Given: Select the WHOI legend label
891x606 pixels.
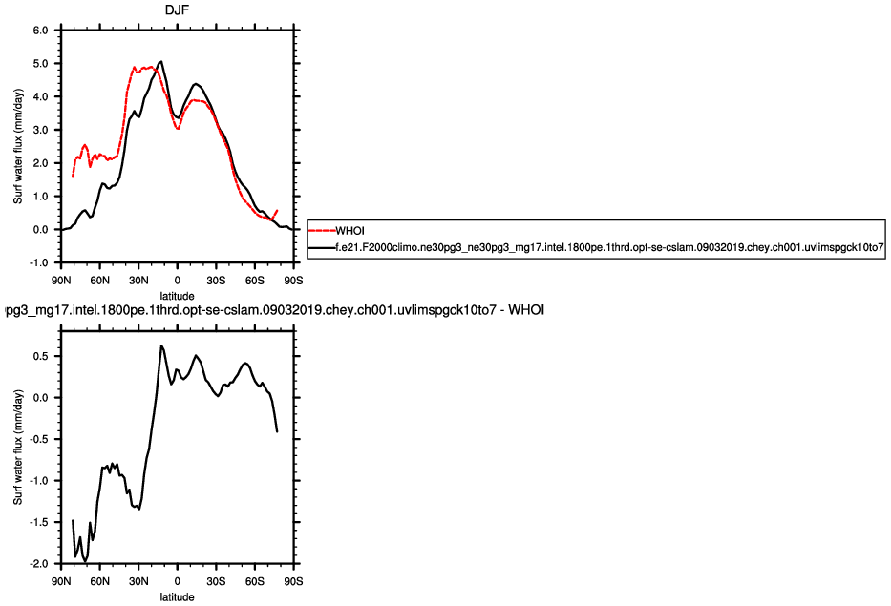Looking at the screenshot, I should coord(351,229).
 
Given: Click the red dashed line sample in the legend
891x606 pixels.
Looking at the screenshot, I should coord(321,229).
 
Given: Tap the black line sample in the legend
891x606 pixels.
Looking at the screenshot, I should coord(321,247).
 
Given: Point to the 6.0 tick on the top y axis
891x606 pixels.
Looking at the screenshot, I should coord(40,30).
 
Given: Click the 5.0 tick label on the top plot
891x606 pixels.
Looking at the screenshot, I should coord(40,63).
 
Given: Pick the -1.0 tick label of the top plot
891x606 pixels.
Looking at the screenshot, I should coord(38,262).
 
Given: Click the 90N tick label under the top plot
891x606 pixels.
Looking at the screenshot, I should coord(60,282).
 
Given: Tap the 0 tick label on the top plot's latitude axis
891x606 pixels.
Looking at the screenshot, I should coord(177,282).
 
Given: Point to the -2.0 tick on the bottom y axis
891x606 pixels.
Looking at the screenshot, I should coord(38,564).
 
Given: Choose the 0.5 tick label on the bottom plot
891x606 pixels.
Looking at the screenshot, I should coord(40,355).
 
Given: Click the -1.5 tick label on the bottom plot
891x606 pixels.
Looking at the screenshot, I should coord(38,522).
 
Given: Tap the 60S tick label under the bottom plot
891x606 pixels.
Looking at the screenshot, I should coord(255,580).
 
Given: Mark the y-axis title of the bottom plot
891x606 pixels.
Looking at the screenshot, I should coord(17,446).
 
